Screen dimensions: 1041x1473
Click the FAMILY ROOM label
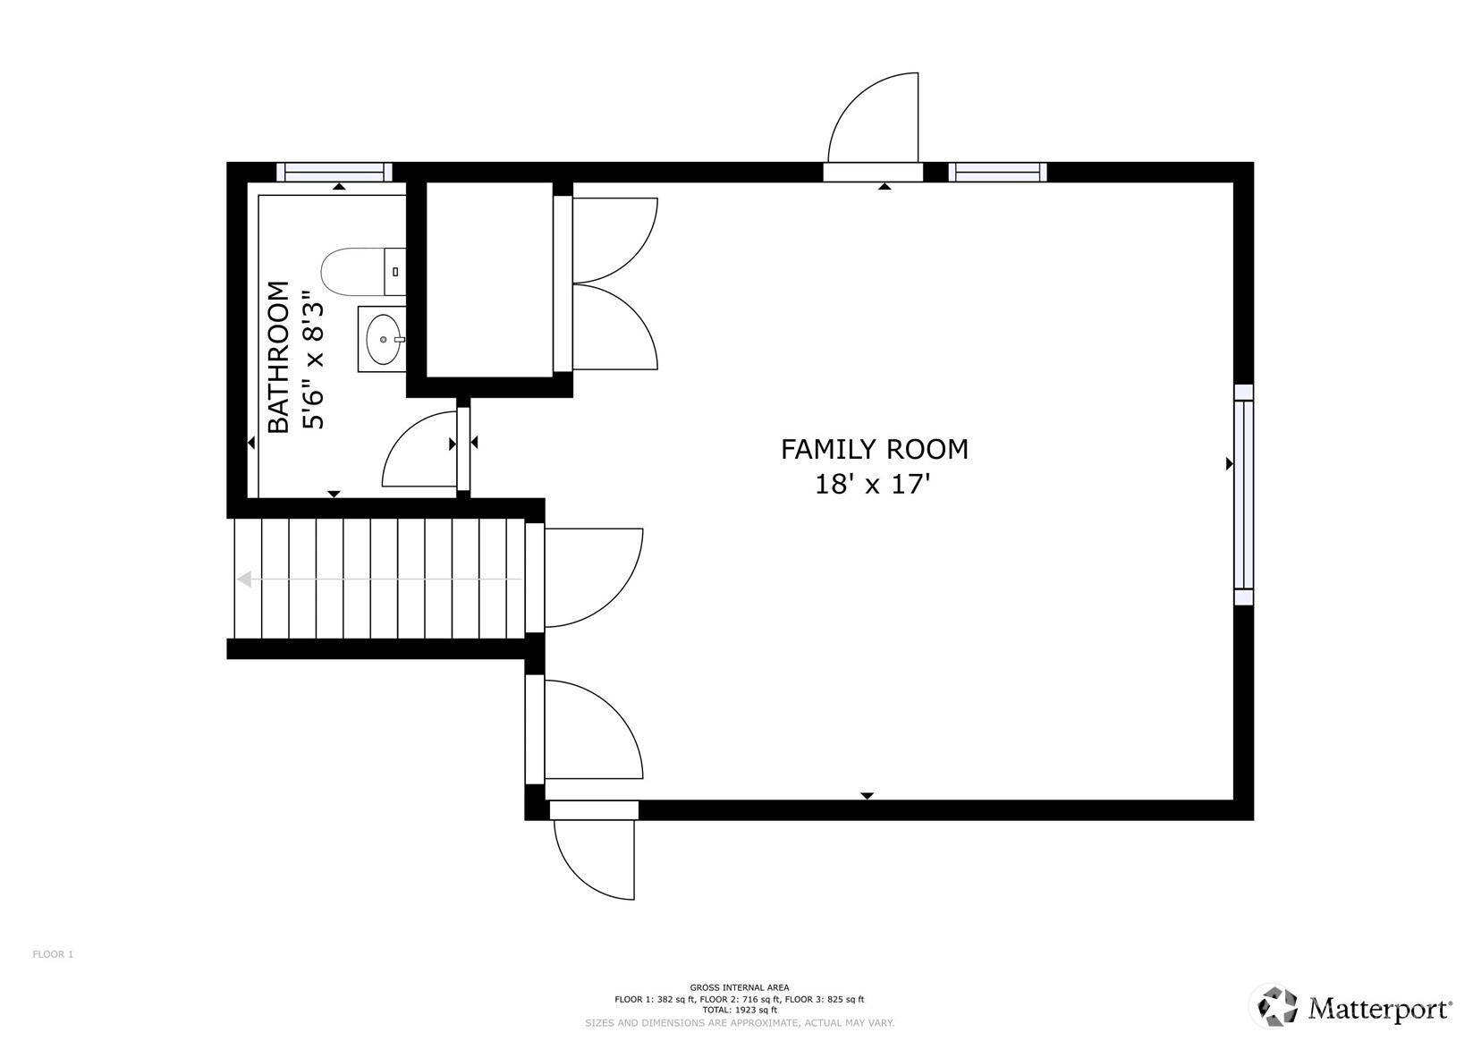tap(874, 449)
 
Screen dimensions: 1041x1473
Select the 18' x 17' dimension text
tap(873, 485)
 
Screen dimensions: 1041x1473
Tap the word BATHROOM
tap(279, 357)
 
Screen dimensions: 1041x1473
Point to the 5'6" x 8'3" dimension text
tap(312, 359)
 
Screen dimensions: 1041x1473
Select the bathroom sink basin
tap(384, 339)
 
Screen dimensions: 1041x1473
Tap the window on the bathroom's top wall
tap(334, 172)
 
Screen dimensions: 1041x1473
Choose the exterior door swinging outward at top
tap(872, 121)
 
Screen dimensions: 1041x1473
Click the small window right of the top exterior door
tap(997, 172)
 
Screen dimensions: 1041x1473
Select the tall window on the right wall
tap(1243, 495)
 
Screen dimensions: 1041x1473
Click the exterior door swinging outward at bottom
tap(593, 854)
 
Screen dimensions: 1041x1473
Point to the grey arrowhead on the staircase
tap(243, 580)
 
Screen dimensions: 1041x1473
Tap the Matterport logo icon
tap(1278, 1006)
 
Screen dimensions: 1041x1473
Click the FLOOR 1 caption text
tap(53, 954)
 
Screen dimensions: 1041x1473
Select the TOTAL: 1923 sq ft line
tap(739, 1010)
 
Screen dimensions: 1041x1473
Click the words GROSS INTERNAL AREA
tap(739, 987)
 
